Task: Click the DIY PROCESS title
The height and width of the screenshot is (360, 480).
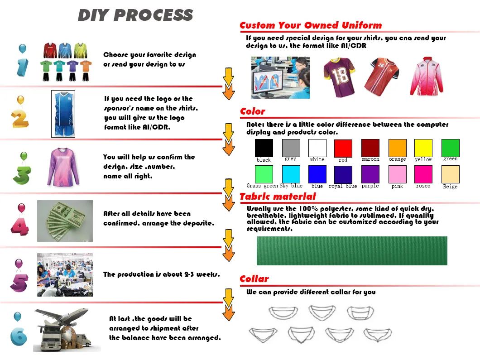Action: point(135,15)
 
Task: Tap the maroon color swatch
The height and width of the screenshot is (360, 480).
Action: point(370,148)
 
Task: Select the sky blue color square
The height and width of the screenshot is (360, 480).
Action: point(291,174)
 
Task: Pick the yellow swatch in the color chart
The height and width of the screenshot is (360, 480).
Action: point(423,148)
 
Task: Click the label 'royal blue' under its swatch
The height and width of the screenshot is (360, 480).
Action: point(342,186)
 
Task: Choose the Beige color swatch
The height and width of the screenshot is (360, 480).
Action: point(450,174)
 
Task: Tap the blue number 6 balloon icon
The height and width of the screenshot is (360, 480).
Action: point(19,334)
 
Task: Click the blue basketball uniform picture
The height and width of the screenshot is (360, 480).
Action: point(62,114)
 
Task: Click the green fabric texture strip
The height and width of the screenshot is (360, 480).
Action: point(352,250)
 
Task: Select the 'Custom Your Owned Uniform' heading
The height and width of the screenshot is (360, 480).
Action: point(311,25)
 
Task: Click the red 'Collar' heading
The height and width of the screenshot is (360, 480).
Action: point(254,279)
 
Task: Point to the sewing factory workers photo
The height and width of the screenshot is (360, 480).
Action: point(65,274)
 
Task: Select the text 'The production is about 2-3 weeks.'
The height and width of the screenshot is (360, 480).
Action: point(161,274)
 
